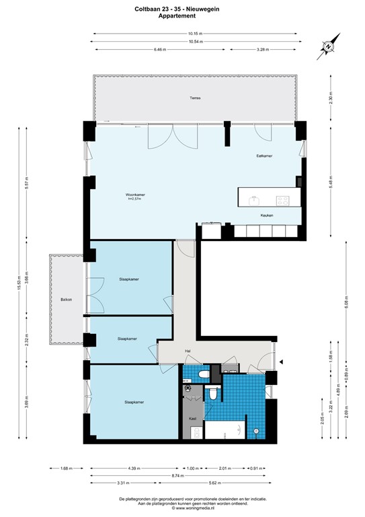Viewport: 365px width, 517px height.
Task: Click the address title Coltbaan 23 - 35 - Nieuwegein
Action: [x=182, y=9]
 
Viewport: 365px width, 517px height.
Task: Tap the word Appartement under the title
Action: [x=182, y=16]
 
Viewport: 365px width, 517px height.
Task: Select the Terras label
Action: [x=194, y=98]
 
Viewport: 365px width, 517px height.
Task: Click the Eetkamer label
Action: [x=264, y=156]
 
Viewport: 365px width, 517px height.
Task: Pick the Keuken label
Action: [x=267, y=215]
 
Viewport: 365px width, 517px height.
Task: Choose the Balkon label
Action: [x=66, y=300]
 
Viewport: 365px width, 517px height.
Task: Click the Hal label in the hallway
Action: [x=189, y=351]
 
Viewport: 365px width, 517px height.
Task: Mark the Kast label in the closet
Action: [x=192, y=418]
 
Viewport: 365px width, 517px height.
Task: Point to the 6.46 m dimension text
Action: [x=159, y=49]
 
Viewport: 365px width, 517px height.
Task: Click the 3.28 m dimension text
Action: [x=264, y=49]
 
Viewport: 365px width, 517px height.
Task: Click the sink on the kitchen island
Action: [x=255, y=199]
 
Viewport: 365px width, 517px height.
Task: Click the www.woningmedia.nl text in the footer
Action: [x=182, y=508]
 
